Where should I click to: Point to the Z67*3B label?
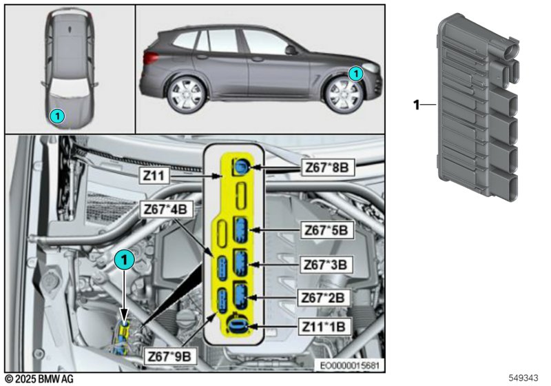(328, 264)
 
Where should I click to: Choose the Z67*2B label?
(328, 297)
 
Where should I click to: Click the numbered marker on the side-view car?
(355, 72)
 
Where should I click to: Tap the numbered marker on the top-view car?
(59, 116)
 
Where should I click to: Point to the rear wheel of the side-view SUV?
(185, 94)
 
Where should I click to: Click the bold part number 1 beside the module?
(415, 105)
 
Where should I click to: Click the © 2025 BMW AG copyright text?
(38, 379)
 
